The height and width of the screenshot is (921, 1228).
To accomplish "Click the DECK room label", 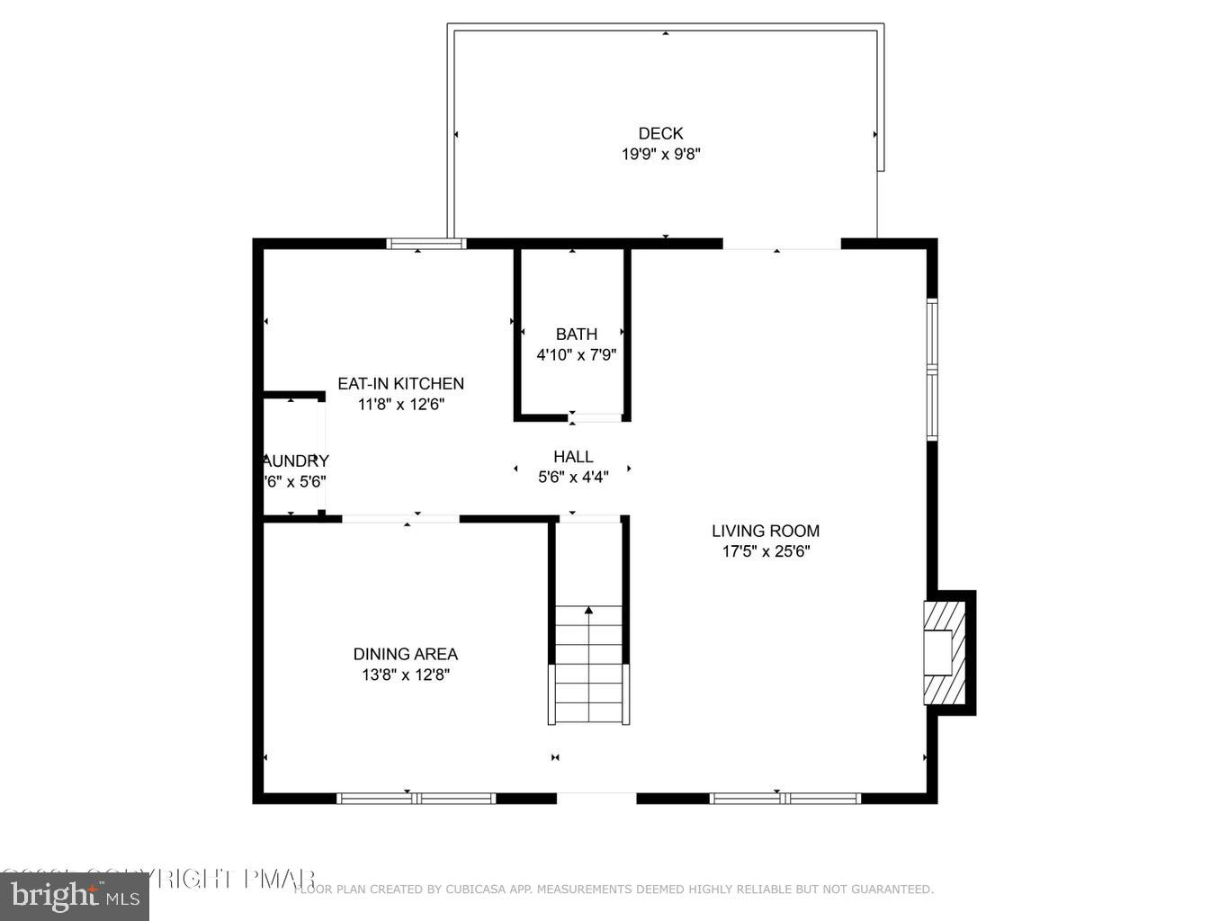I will click(x=660, y=134).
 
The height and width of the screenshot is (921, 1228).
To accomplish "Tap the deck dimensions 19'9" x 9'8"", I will click(x=660, y=155).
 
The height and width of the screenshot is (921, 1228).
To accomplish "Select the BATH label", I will click(x=576, y=335).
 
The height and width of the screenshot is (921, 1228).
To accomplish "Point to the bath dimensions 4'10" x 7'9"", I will click(x=576, y=355).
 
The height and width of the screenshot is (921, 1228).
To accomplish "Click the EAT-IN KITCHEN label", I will click(x=400, y=384).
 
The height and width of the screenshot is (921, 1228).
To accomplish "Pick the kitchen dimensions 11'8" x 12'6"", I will click(x=400, y=405).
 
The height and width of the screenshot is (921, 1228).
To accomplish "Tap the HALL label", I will click(x=573, y=457).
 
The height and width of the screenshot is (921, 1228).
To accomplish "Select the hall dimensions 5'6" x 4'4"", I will click(x=573, y=478).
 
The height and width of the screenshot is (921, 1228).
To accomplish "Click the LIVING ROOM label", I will click(x=766, y=532).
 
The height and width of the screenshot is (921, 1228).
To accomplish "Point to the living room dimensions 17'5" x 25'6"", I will click(x=766, y=552).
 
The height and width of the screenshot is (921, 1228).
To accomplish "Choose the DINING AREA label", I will click(x=405, y=655).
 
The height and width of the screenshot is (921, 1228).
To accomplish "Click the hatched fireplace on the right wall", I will click(x=944, y=653).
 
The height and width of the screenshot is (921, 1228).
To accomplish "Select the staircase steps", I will click(x=588, y=666).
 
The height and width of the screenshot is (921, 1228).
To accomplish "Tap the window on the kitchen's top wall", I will click(x=426, y=243).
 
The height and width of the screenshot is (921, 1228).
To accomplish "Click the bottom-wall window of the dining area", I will click(x=416, y=798).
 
